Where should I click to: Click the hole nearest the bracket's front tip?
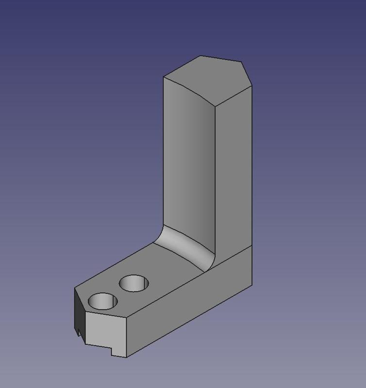pos(102,301)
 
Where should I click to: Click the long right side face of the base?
pos(194,306)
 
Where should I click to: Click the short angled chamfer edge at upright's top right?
pos(247,73)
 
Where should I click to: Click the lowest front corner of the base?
pos(127,358)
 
